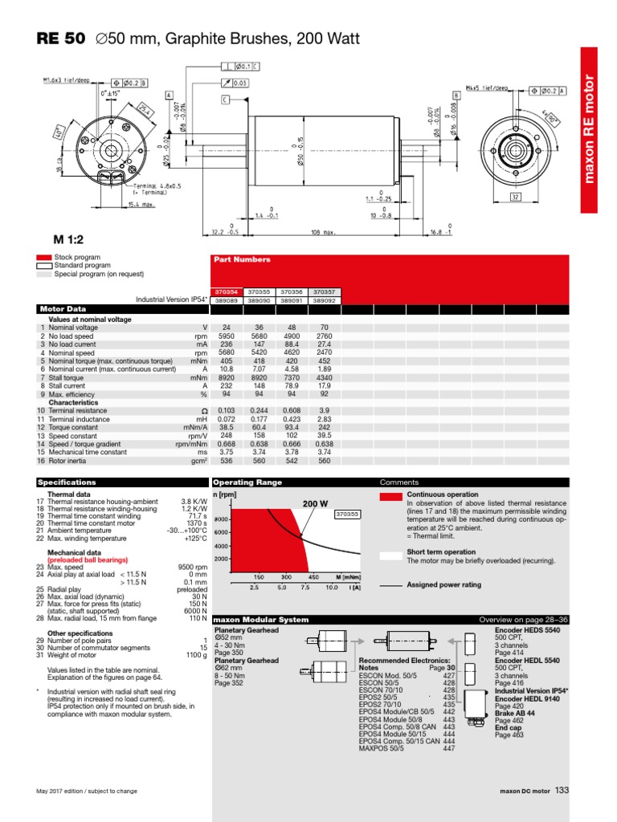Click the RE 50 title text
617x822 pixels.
tap(60, 39)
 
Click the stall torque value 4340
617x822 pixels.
tap(324, 376)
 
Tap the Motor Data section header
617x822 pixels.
tap(63, 308)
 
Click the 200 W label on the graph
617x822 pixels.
tap(316, 503)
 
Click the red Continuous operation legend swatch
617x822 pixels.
tap(390, 497)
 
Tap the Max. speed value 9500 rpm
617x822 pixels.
tap(191, 567)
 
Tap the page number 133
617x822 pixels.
tap(562, 791)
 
